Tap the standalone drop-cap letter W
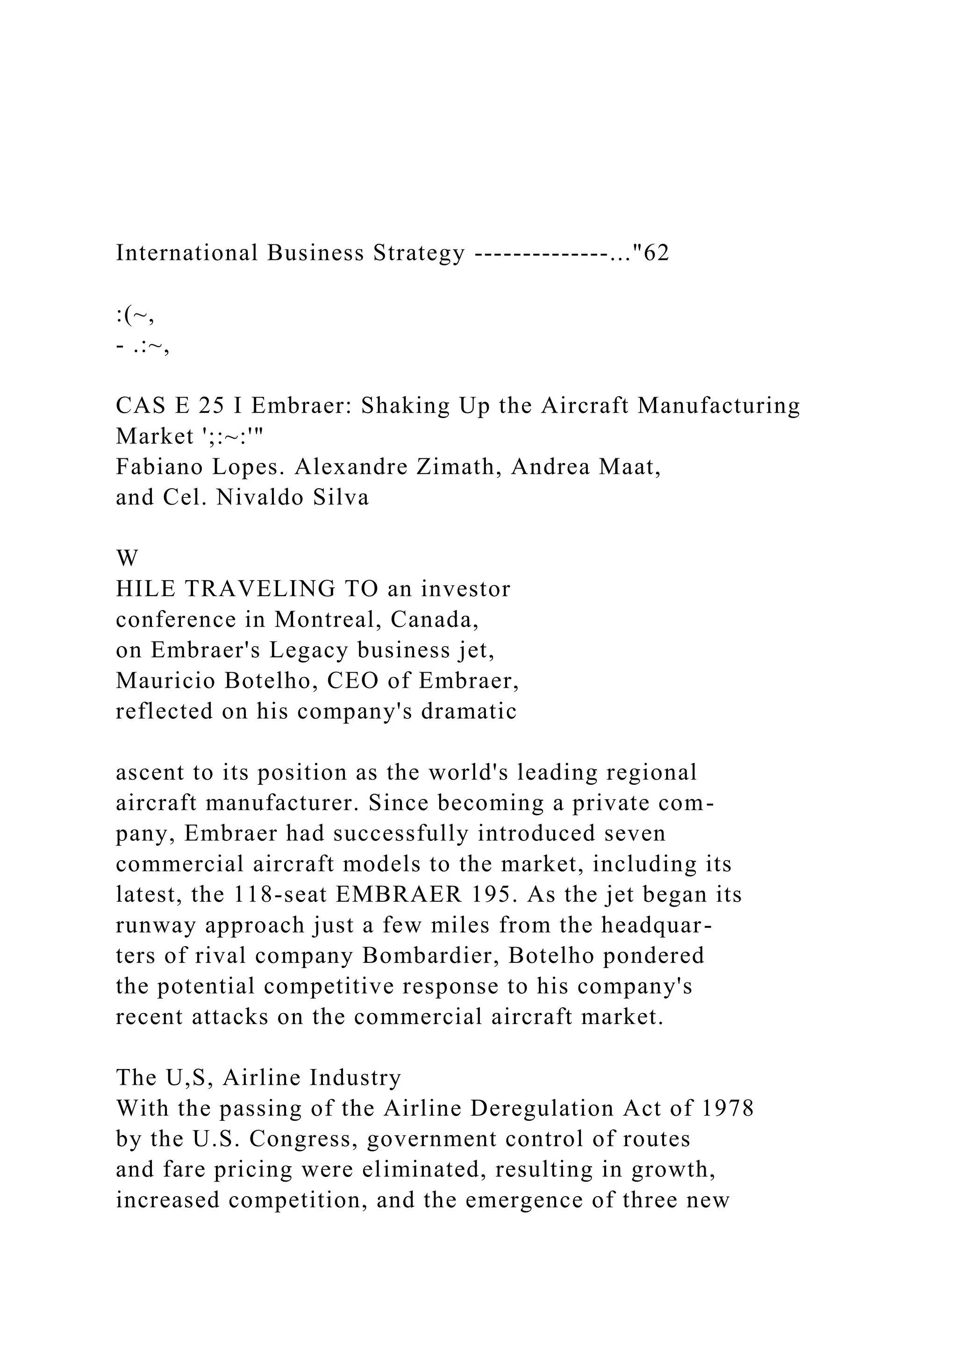tap(127, 558)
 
